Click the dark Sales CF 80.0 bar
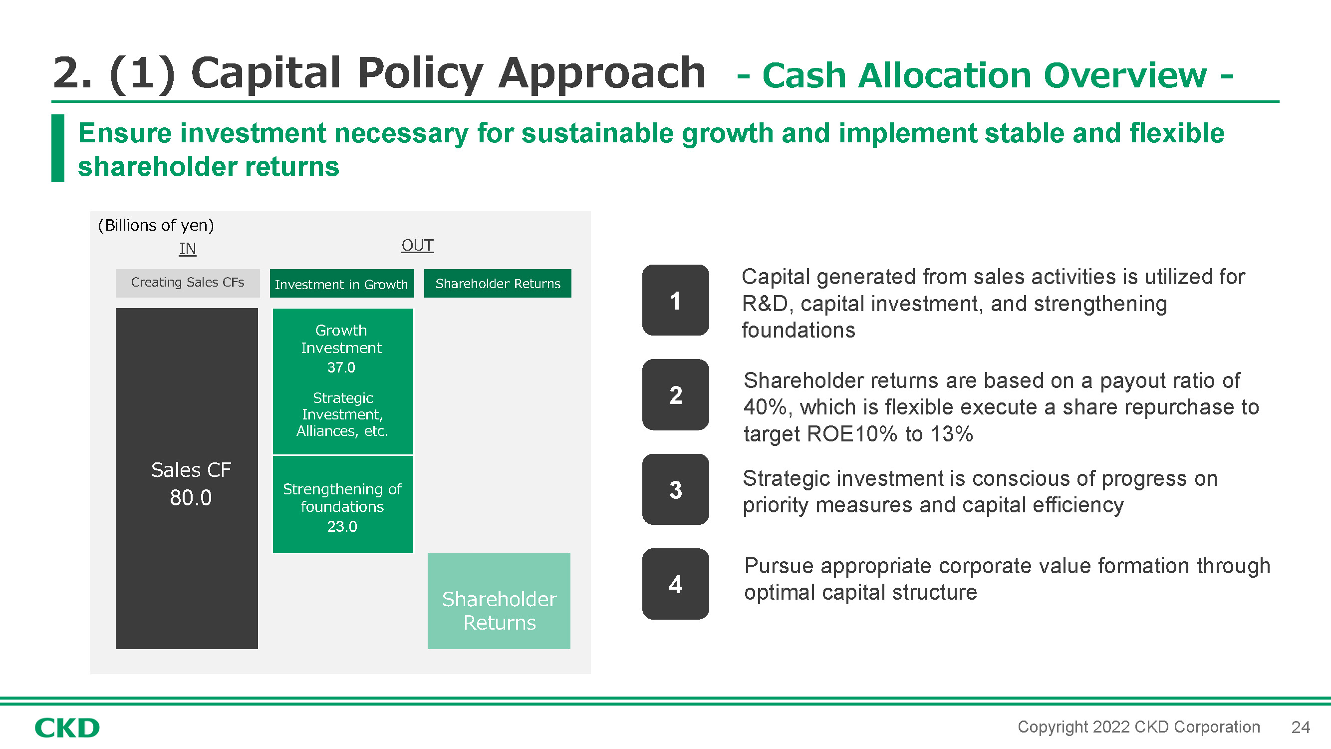(x=187, y=478)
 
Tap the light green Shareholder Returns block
(x=499, y=601)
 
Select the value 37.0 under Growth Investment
(x=341, y=368)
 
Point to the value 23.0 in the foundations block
(x=342, y=526)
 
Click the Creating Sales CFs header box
(x=188, y=283)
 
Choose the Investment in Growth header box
(x=341, y=283)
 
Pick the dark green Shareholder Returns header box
(x=498, y=283)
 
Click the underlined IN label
(x=188, y=249)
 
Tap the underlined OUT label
(x=418, y=245)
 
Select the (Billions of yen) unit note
(x=156, y=225)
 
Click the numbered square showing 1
(x=675, y=300)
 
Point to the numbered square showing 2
(x=675, y=395)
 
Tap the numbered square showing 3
(x=675, y=489)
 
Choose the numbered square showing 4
(x=675, y=584)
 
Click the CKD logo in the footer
(x=67, y=728)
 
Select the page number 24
(x=1301, y=728)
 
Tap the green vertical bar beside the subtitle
(x=58, y=148)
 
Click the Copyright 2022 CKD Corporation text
(x=1139, y=727)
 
